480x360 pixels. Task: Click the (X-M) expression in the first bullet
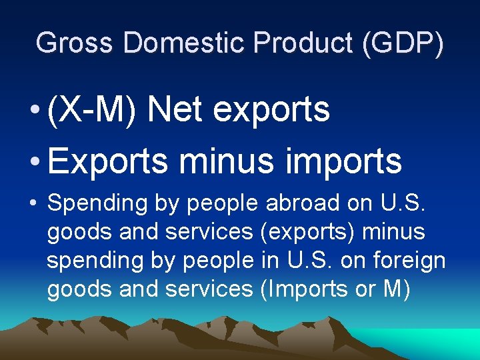click(x=93, y=109)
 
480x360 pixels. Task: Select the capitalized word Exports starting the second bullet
click(x=107, y=161)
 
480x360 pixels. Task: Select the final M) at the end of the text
click(x=397, y=290)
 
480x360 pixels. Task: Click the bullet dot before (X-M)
click(x=33, y=111)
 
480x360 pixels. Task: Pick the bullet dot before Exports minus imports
click(x=33, y=163)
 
